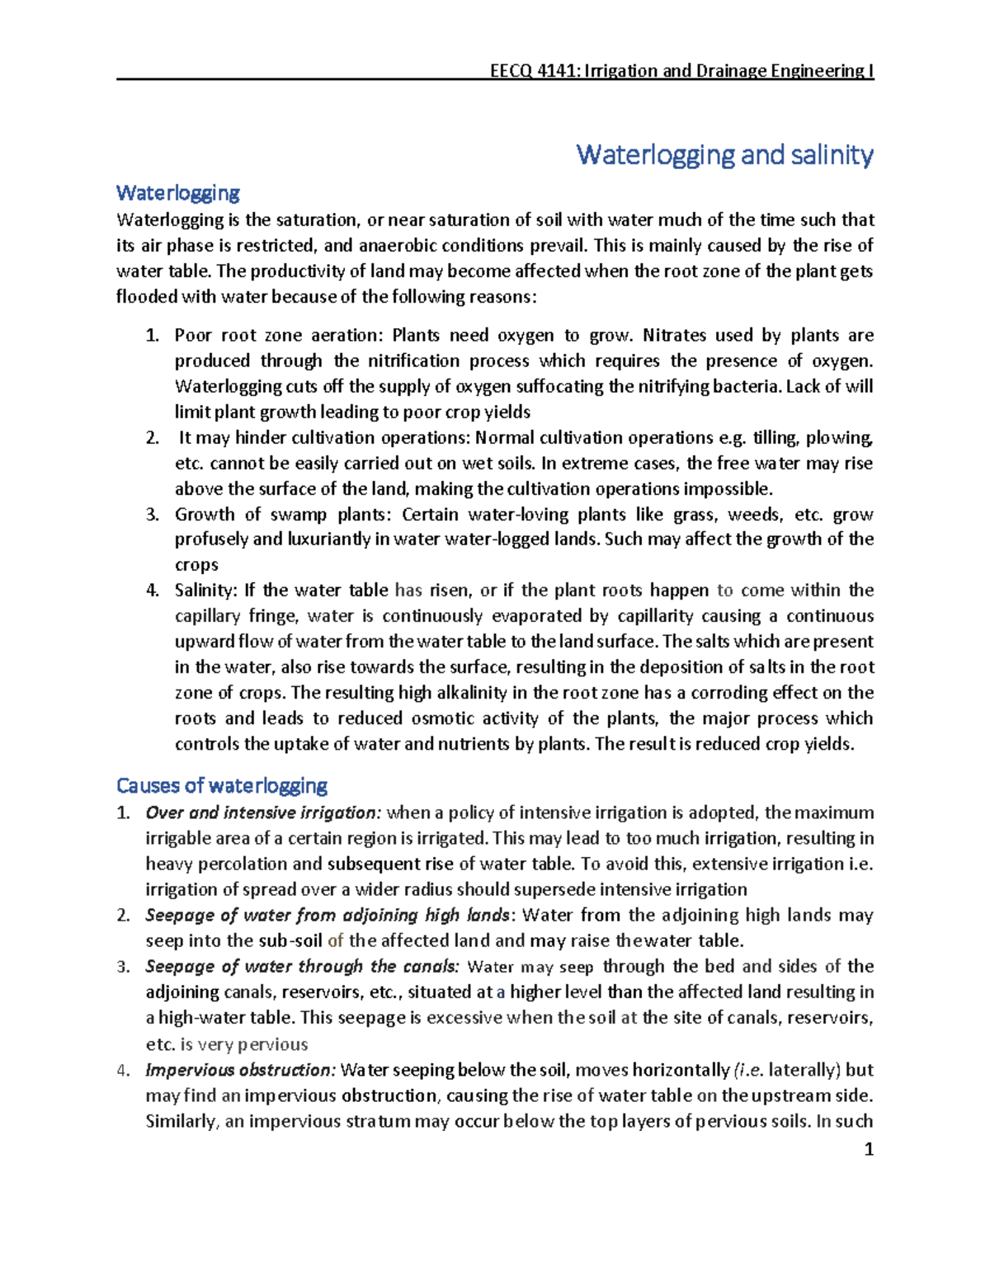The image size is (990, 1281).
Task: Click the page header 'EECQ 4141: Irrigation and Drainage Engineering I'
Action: [681, 71]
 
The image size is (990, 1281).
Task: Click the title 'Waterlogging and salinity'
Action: [724, 154]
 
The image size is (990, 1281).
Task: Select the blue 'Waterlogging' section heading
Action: [177, 193]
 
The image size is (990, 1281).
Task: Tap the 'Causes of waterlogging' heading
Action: [222, 785]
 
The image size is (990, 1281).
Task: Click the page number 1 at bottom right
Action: [868, 1149]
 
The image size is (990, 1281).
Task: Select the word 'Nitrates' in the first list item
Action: [674, 336]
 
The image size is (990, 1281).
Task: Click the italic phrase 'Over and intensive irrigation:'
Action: [263, 813]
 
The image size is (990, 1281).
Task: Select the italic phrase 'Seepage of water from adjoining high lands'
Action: [328, 916]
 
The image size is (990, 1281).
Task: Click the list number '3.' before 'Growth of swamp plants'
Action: [152, 515]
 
